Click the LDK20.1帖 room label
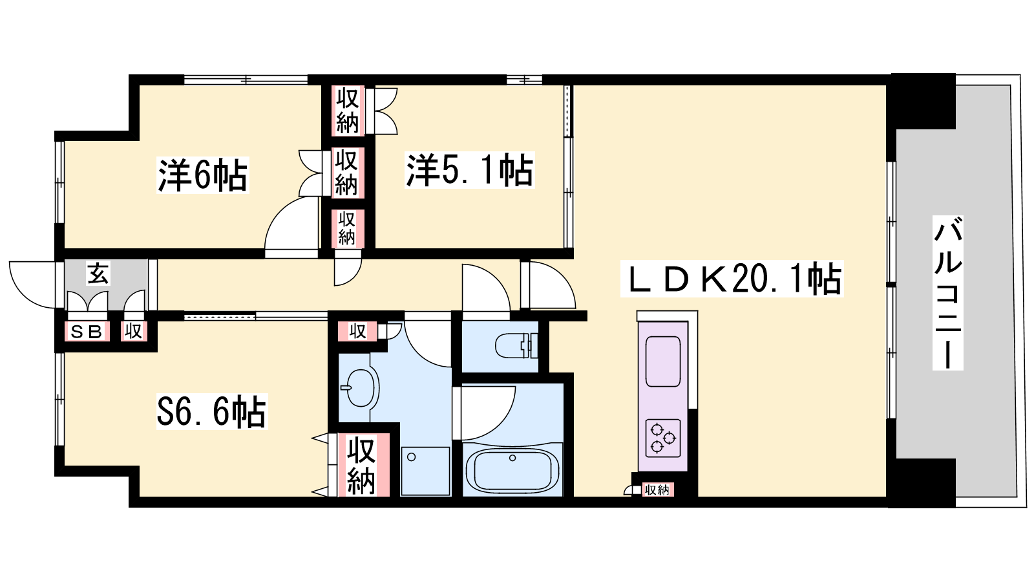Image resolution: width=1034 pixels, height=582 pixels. click(x=732, y=279)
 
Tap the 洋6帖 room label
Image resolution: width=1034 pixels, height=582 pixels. click(x=203, y=175)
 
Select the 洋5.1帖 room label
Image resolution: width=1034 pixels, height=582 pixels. click(x=469, y=170)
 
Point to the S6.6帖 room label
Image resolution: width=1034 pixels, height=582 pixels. click(x=212, y=411)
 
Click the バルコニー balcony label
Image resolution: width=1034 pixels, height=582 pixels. click(x=947, y=293)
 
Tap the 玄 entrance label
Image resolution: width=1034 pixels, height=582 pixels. click(x=98, y=274)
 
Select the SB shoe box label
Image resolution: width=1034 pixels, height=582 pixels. click(x=87, y=332)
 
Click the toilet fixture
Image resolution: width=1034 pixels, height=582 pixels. click(x=516, y=345)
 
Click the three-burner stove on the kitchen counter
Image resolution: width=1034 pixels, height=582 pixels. click(x=663, y=438)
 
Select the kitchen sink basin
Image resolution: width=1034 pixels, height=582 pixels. click(x=663, y=361)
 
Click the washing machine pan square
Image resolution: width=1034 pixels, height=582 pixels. click(x=425, y=471)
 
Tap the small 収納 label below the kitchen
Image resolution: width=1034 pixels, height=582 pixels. click(x=657, y=490)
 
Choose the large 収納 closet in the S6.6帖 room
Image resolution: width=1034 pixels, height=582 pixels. click(x=361, y=465)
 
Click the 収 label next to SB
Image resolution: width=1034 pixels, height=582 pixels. click(x=133, y=331)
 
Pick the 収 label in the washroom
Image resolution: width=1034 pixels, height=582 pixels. click(x=357, y=331)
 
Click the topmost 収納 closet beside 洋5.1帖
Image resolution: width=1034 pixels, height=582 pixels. click(x=348, y=111)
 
